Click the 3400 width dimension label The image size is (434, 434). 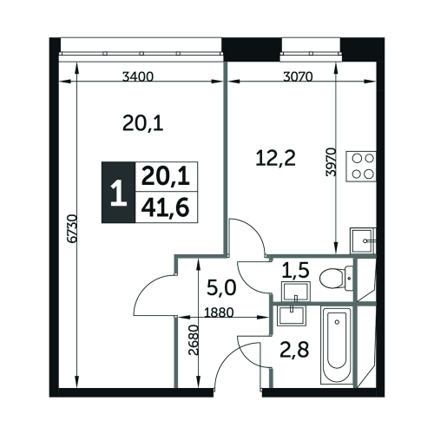click(137, 77)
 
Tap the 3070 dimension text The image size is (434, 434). click(298, 77)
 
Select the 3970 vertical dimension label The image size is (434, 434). click(332, 162)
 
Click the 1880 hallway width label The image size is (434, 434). click(219, 312)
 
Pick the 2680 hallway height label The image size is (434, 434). click(194, 340)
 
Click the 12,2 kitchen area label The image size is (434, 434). click(276, 159)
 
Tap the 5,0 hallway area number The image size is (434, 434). click(222, 288)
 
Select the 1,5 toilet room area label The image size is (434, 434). click(295, 270)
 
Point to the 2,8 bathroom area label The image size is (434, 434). click(294, 350)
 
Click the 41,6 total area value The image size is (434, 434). click(166, 208)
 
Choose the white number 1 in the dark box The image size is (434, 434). click(119, 193)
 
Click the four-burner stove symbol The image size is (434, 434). click(361, 166)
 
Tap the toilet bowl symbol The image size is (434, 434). click(336, 279)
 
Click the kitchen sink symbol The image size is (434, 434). click(363, 240)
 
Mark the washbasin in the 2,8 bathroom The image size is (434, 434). click(291, 315)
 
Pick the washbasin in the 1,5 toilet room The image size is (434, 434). click(295, 292)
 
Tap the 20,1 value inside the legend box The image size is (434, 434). click(166, 177)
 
